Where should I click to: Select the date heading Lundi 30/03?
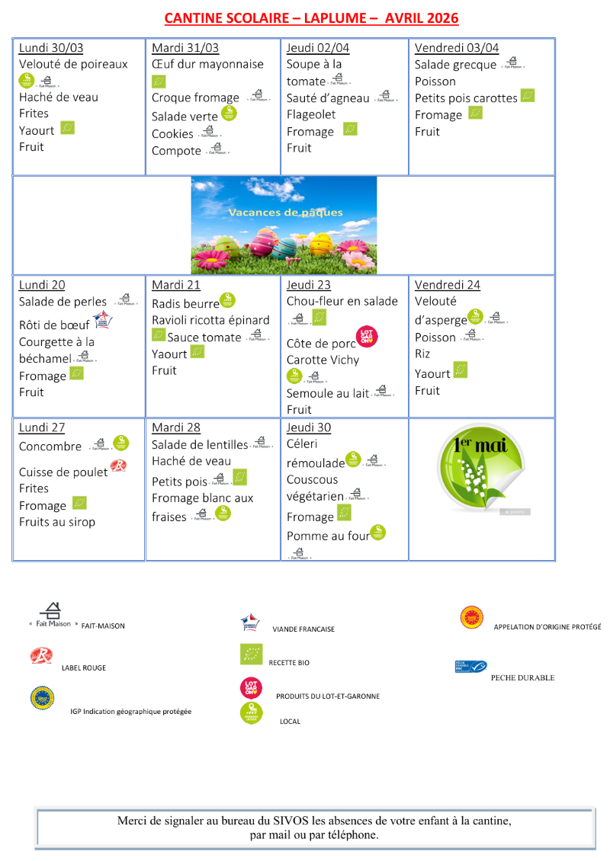tap(51, 48)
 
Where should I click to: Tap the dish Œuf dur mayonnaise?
tap(207, 65)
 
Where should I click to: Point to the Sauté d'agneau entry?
tap(328, 98)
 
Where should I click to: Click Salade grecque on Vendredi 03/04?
tap(455, 65)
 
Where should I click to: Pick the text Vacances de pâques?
tap(285, 213)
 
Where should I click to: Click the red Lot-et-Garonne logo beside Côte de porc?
tap(367, 337)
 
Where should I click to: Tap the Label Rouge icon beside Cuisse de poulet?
tap(118, 466)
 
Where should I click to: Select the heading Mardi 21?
tap(176, 285)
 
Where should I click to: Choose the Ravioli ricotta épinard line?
tap(210, 320)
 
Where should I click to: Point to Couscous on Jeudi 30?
tap(312, 480)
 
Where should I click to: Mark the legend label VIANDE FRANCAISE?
tap(303, 629)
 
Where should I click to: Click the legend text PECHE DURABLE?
tap(522, 677)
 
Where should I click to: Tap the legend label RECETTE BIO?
tap(289, 664)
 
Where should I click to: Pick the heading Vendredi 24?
tap(448, 285)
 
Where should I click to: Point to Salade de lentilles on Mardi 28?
tap(200, 445)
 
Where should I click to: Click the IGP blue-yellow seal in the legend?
tap(42, 698)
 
